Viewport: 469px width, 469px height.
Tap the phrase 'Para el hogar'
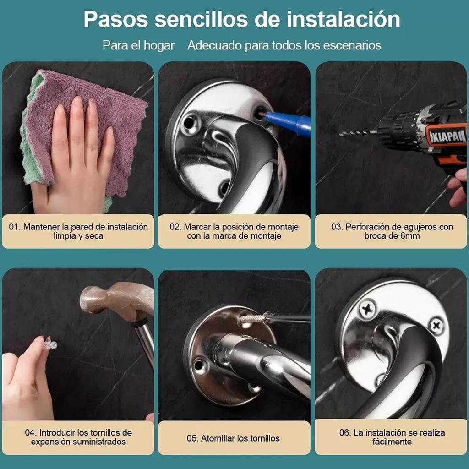(x=138, y=45)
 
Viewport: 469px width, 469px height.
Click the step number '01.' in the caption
(x=15, y=227)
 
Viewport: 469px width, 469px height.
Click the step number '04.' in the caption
(x=31, y=433)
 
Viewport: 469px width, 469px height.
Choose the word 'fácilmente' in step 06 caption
(x=392, y=442)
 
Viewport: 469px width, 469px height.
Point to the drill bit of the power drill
(x=357, y=133)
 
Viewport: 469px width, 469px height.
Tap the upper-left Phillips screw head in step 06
(x=367, y=308)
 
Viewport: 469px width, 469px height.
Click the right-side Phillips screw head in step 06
(x=436, y=326)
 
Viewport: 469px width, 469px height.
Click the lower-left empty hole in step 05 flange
(x=200, y=365)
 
